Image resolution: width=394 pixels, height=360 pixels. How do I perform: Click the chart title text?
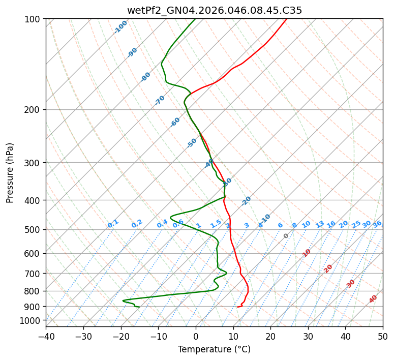[x=214, y=10]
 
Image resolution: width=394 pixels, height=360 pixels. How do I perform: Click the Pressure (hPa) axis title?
[x=10, y=173]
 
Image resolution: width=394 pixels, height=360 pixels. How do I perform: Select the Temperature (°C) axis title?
[x=214, y=349]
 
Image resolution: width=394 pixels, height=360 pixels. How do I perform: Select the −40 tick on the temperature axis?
[x=46, y=336]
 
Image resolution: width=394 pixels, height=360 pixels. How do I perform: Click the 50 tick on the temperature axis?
[x=383, y=336]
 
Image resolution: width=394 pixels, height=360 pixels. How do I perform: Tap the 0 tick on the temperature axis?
[x=196, y=336]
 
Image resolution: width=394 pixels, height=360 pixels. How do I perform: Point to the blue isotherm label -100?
[x=120, y=27]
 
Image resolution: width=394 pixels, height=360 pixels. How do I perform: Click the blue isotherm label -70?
[x=160, y=100]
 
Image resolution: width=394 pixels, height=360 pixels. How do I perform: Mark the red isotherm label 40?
[x=373, y=299]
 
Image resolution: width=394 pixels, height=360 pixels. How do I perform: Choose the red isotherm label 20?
[x=328, y=268]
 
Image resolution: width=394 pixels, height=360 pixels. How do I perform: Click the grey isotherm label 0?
[x=286, y=236]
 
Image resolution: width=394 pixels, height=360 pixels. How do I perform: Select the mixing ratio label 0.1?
[x=113, y=223]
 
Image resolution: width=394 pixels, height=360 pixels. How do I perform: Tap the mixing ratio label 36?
[x=377, y=224]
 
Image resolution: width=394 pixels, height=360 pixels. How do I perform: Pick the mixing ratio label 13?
[x=320, y=224]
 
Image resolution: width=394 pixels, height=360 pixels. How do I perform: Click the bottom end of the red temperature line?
[x=237, y=307]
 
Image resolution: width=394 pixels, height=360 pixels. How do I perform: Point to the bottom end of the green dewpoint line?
[x=139, y=307]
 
